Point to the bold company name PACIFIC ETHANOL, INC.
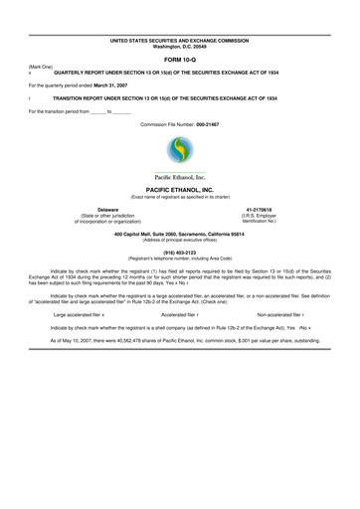[x=179, y=187]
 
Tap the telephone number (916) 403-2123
[x=179, y=252]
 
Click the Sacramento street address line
[x=179, y=233]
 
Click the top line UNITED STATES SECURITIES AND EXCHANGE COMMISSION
[x=179, y=40]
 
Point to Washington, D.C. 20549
[x=179, y=46]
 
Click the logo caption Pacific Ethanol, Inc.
[x=180, y=176]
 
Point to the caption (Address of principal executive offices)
[x=179, y=239]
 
